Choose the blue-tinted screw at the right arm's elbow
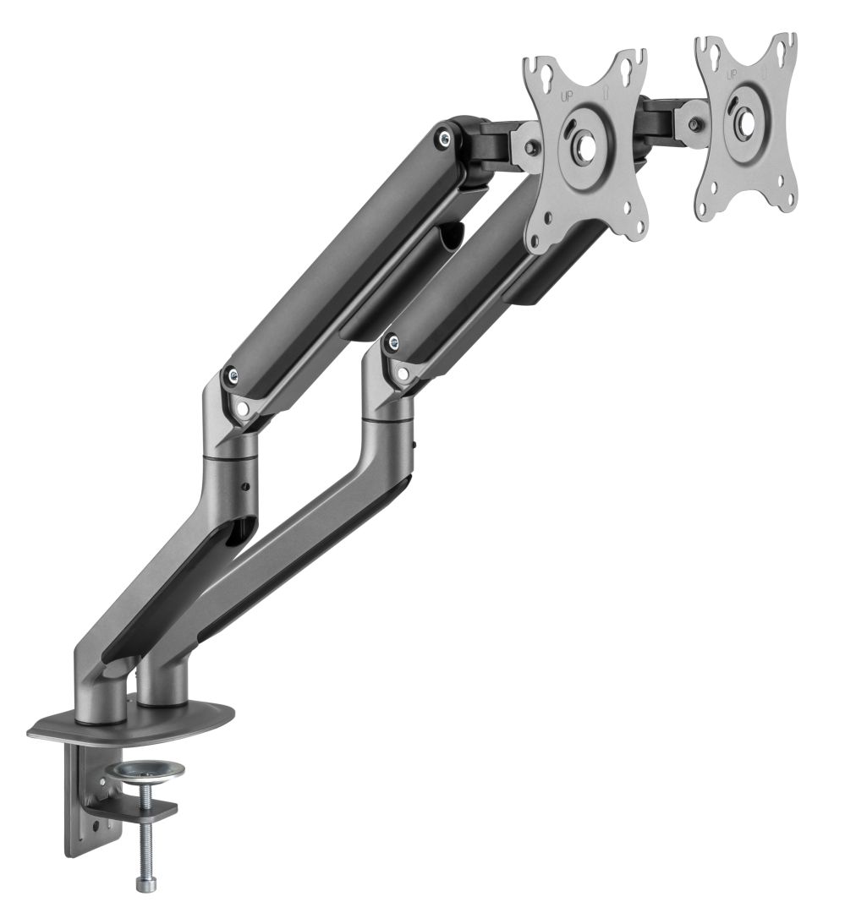point(391,342)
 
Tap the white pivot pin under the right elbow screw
point(402,373)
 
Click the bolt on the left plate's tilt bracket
point(530,147)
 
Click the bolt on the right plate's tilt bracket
point(694,123)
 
